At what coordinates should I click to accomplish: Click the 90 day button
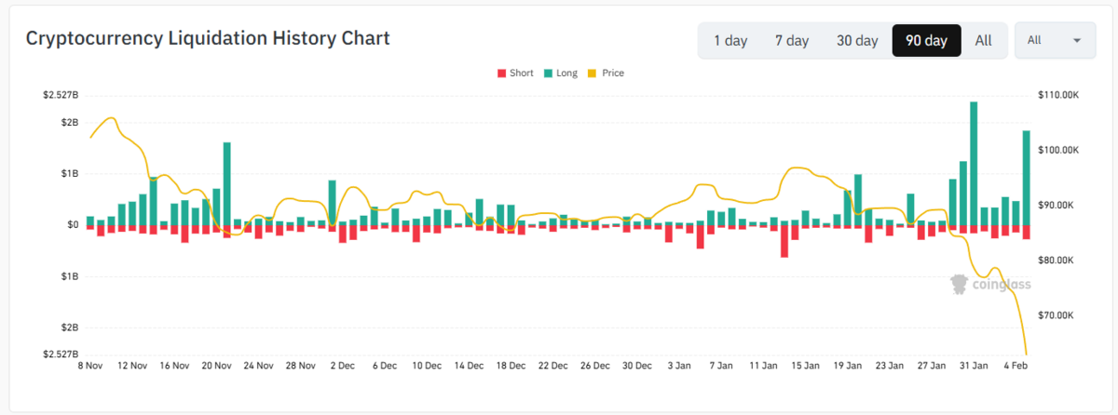pyautogui.click(x=926, y=40)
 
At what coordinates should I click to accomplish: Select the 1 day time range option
pyautogui.click(x=730, y=40)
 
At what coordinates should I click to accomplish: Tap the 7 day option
pyautogui.click(x=792, y=40)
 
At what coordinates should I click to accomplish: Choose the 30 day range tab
pyautogui.click(x=857, y=40)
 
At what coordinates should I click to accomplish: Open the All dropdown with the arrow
pyautogui.click(x=1055, y=40)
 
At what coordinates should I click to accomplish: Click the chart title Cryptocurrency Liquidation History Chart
pyautogui.click(x=208, y=38)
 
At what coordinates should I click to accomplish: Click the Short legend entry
pyautogui.click(x=515, y=74)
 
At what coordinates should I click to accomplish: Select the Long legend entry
pyautogui.click(x=561, y=74)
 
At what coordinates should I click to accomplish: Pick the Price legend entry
pyautogui.click(x=606, y=74)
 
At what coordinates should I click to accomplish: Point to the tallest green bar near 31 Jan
pyautogui.click(x=974, y=164)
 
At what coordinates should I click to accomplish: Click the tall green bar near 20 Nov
pyautogui.click(x=227, y=184)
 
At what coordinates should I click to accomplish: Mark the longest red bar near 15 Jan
pyautogui.click(x=784, y=242)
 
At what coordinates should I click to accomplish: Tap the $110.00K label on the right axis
pyautogui.click(x=1058, y=95)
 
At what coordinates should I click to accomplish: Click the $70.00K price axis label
pyautogui.click(x=1056, y=315)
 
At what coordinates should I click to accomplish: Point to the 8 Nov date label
pyautogui.click(x=90, y=366)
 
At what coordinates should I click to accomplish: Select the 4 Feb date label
pyautogui.click(x=1016, y=366)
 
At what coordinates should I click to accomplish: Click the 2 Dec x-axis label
pyautogui.click(x=343, y=366)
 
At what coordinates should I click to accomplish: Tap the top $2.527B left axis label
pyautogui.click(x=61, y=95)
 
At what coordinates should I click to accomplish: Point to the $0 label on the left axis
pyautogui.click(x=73, y=224)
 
